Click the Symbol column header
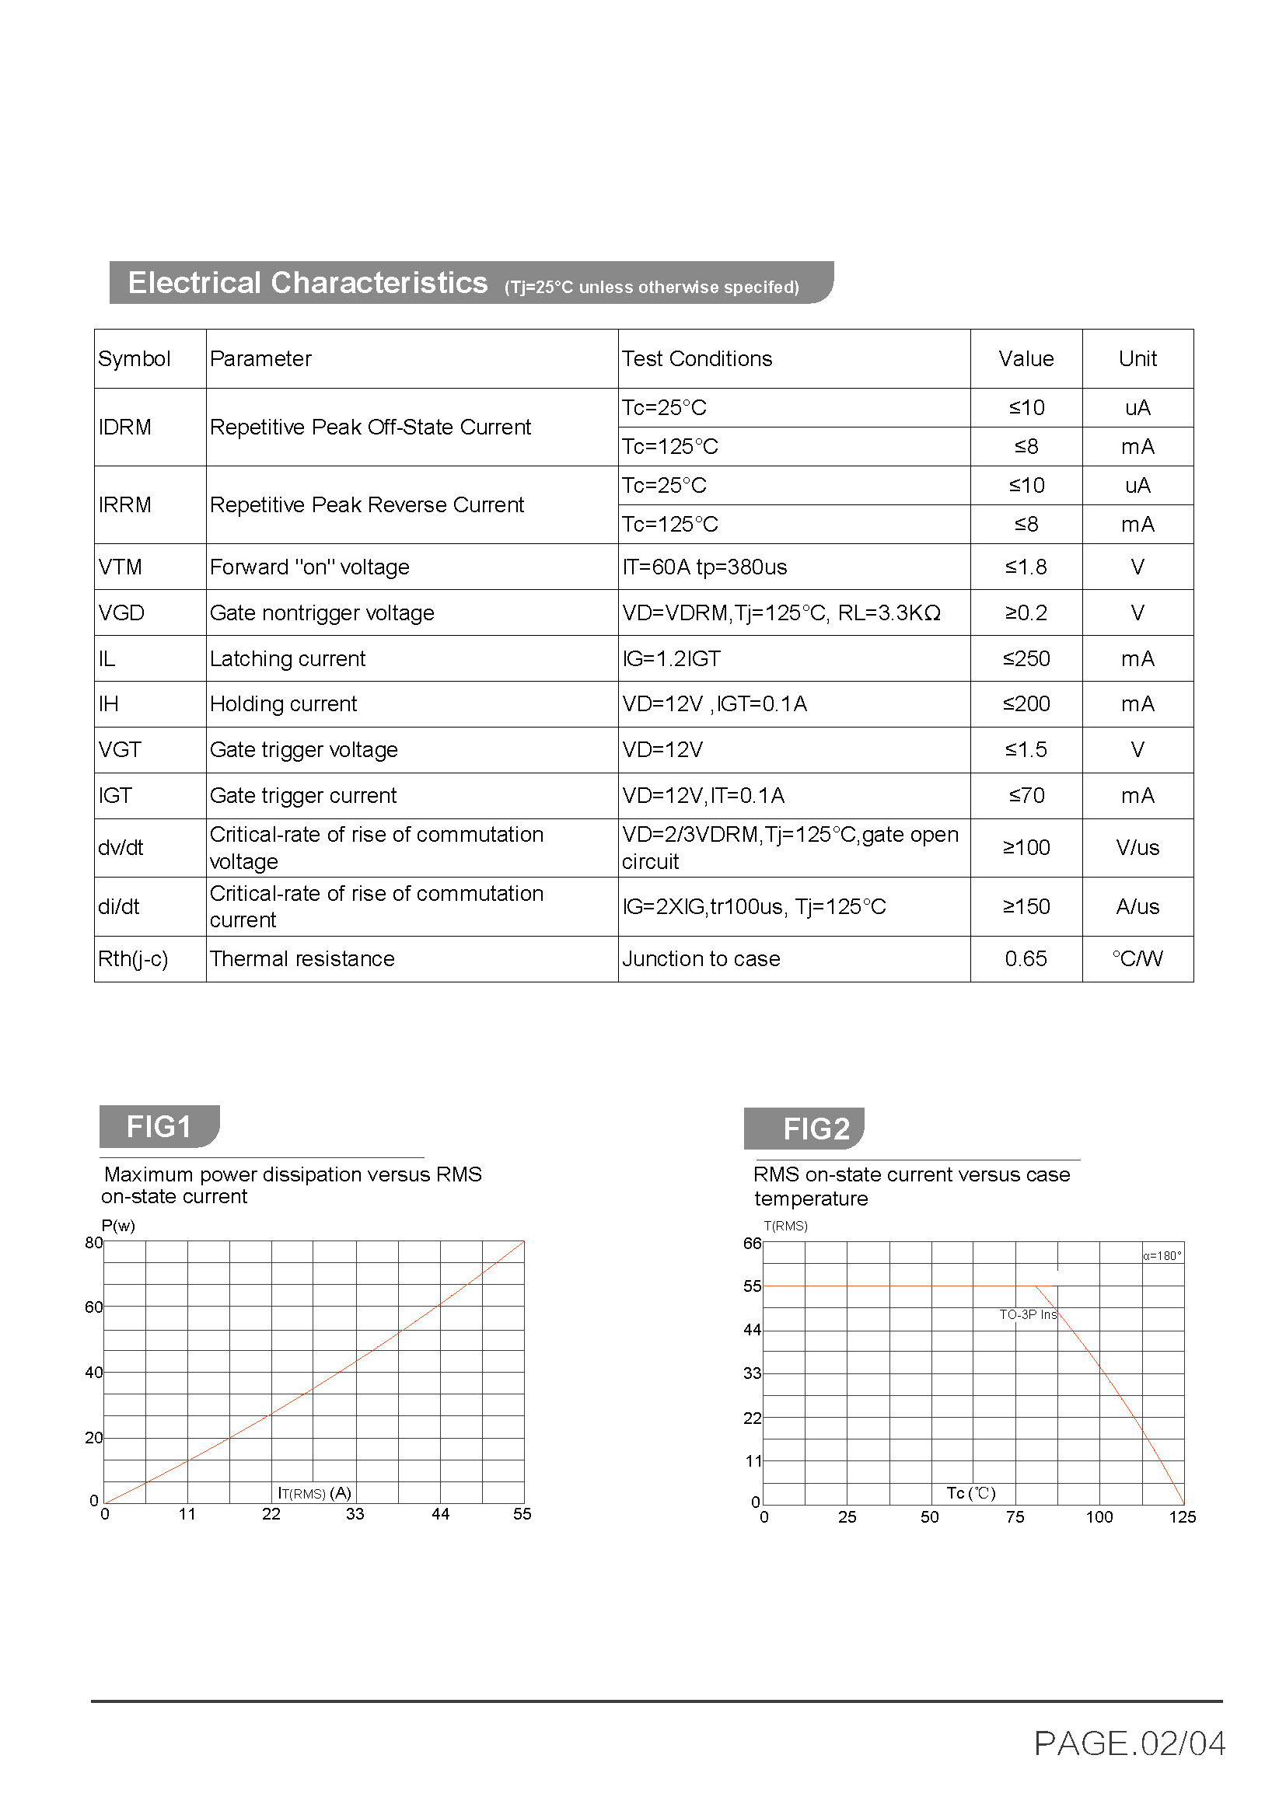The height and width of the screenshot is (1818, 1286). coord(134,358)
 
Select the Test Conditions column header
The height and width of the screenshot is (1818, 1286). coord(696,358)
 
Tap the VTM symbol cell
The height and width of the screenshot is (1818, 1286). coord(121,567)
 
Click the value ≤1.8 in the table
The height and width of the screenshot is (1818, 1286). coord(1026,567)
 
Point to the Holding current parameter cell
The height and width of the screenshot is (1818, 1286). coord(283,704)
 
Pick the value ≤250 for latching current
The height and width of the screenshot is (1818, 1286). coord(1026,659)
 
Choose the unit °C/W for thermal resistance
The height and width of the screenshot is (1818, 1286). coord(1137,959)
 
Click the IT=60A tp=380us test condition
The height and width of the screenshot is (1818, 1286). coord(704,567)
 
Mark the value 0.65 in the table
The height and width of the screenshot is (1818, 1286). coord(1026,959)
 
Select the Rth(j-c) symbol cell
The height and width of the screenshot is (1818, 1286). coord(133,959)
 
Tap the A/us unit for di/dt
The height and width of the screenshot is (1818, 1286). coord(1137,906)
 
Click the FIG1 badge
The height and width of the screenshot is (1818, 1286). coord(159,1126)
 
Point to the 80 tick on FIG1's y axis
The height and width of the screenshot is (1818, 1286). coord(93,1242)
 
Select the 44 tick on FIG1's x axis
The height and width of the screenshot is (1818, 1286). coord(440,1514)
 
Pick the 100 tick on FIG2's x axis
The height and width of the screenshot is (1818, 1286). coord(1099,1517)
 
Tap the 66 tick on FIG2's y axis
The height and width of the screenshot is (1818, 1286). coord(752,1243)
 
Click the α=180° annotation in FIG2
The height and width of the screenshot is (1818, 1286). coord(1162,1256)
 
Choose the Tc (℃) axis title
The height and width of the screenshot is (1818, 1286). coord(971,1493)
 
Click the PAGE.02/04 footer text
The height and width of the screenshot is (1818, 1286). coord(1129,1743)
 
